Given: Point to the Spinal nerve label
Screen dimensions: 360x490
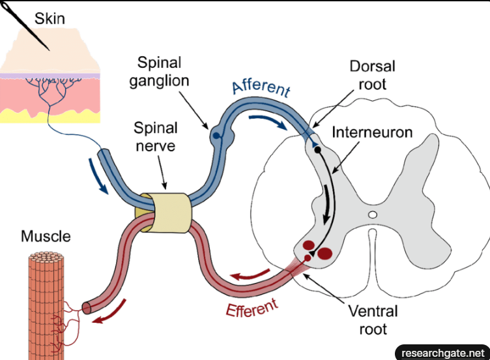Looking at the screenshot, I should [154, 136].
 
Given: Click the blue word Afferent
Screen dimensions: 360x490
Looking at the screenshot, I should [261, 89].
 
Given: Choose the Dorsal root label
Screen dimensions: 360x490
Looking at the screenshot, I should [372, 75].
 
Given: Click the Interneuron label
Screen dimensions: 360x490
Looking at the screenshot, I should [372, 133].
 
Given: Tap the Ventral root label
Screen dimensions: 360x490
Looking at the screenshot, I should [372, 320].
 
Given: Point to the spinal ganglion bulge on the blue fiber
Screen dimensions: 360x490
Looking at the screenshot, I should [216, 136].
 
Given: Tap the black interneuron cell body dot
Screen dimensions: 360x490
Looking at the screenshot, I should [317, 150].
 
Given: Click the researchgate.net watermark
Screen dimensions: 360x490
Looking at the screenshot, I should [442, 352].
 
